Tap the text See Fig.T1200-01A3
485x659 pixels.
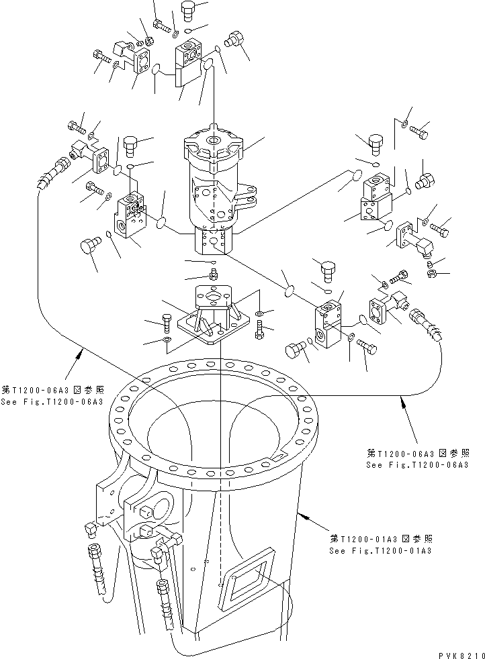(380, 550)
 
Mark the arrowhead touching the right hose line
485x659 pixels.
(403, 401)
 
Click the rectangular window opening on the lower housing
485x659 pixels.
(245, 578)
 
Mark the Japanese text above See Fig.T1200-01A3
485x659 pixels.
(380, 539)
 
